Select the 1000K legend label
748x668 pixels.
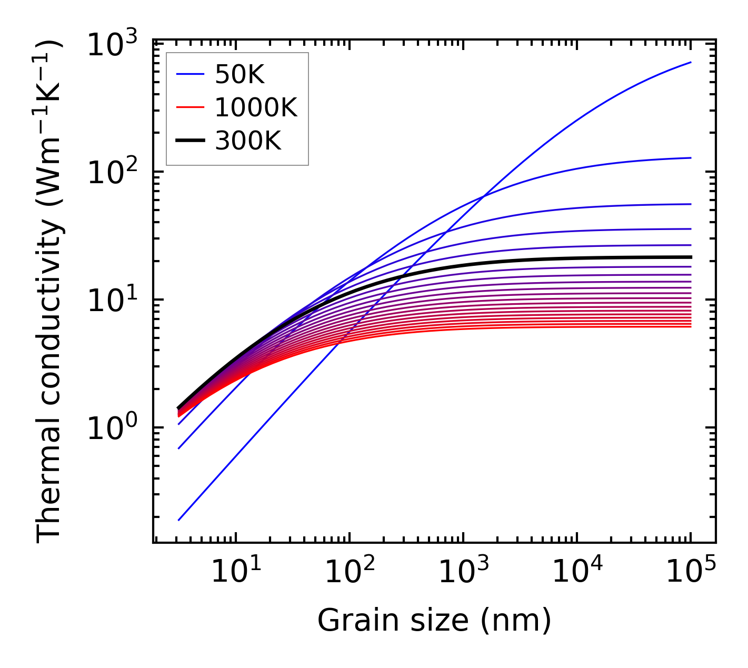[x=256, y=108]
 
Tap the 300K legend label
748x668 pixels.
[x=248, y=141]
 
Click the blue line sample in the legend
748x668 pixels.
[x=190, y=75]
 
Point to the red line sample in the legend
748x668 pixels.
[x=190, y=108]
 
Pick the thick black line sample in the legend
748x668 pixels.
[x=190, y=141]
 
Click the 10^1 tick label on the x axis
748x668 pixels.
[x=236, y=572]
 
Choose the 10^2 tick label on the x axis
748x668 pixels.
[x=350, y=572]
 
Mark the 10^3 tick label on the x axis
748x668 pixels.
[x=463, y=572]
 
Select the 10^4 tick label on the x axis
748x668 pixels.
[x=577, y=572]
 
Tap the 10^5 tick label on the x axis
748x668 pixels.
[x=691, y=572]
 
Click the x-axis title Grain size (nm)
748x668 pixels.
[x=434, y=620]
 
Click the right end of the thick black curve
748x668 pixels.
[x=690, y=257]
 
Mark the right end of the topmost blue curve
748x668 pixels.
[x=690, y=62]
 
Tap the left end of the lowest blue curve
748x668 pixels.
[x=179, y=520]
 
